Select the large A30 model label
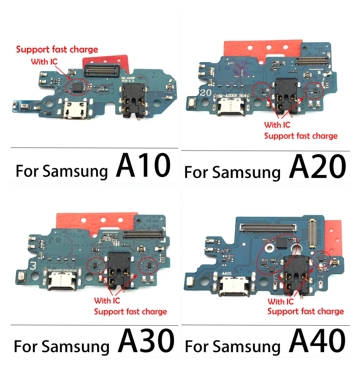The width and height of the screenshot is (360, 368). (146, 341)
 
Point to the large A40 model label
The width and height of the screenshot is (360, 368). (317, 341)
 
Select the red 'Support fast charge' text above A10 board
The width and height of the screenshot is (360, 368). (57, 50)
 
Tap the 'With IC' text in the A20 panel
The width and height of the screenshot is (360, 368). (277, 125)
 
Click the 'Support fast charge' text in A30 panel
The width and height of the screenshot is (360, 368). (130, 312)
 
